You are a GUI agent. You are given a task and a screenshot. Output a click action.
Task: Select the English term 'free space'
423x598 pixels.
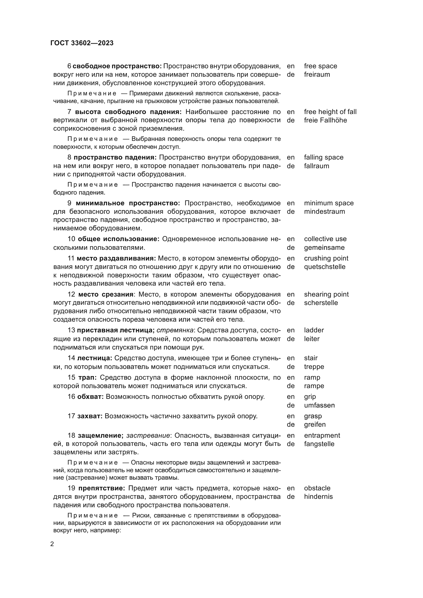click(x=320, y=66)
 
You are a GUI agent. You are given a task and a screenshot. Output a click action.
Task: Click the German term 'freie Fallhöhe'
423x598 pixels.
click(x=325, y=120)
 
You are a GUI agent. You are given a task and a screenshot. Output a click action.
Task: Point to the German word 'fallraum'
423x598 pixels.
click(x=316, y=166)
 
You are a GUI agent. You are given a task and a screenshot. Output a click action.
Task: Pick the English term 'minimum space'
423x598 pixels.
click(x=329, y=203)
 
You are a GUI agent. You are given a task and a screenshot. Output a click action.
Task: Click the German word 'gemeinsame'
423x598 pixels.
click(x=324, y=248)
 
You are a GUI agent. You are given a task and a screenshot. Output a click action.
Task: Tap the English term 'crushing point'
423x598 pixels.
click(x=326, y=258)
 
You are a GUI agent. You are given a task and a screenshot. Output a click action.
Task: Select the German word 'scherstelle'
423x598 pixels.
click(x=321, y=303)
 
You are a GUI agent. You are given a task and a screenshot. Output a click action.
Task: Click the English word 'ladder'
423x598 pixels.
click(x=314, y=330)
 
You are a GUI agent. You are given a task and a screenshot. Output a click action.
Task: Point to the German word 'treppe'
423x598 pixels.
click(x=314, y=367)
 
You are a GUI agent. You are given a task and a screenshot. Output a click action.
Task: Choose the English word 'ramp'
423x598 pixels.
click(x=312, y=377)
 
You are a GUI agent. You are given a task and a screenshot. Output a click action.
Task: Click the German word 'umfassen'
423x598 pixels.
click(x=319, y=405)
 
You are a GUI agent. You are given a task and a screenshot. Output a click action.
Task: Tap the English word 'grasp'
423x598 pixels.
click(x=313, y=416)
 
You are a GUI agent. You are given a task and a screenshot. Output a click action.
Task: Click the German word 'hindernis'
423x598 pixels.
click(x=318, y=497)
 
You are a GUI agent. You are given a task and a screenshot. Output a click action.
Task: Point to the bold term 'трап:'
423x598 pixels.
click(x=87, y=377)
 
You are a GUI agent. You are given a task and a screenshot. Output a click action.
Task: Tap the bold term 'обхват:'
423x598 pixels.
click(x=90, y=397)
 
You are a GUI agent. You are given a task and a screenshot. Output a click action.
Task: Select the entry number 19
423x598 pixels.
click(x=71, y=488)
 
